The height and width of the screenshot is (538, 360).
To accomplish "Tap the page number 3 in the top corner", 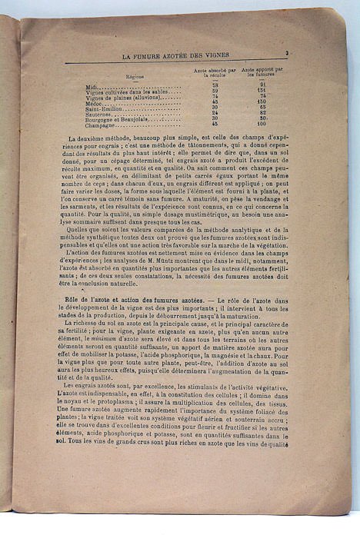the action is tap(285, 54).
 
